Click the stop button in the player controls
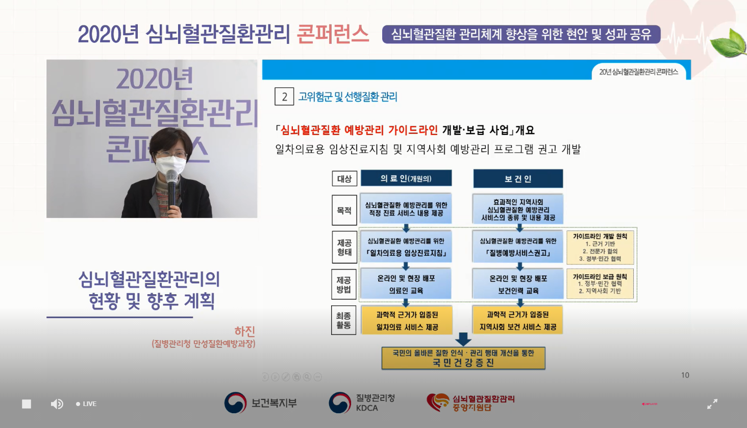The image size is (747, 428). (x=27, y=404)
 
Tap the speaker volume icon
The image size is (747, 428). (x=57, y=404)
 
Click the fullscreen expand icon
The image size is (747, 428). (x=712, y=404)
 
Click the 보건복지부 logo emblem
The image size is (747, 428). (x=235, y=403)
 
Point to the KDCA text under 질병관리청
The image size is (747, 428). (x=367, y=408)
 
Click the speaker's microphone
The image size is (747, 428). (x=172, y=184)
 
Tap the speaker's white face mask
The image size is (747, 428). (x=170, y=165)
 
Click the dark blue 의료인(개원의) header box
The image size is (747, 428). (x=406, y=178)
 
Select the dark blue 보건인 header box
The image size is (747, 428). (x=518, y=179)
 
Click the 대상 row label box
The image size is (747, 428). (x=344, y=179)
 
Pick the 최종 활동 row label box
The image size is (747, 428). (x=344, y=320)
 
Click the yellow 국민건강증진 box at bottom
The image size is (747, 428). (x=463, y=358)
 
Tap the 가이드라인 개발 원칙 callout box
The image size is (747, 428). (x=600, y=247)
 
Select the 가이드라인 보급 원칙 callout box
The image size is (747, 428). (x=600, y=283)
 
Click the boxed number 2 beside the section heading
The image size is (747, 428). (x=284, y=97)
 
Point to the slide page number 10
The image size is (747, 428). (x=685, y=375)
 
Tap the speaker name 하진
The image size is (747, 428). (x=244, y=331)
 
